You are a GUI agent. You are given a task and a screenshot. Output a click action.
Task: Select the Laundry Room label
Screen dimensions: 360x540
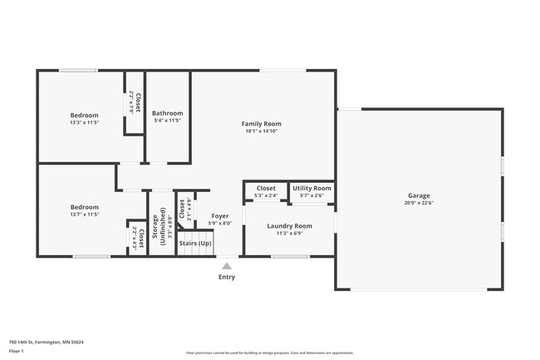pos(289,226)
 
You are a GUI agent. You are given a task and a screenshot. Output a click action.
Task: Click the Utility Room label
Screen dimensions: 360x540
pos(312,189)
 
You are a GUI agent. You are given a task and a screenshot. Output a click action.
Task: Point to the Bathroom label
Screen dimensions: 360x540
pos(168,113)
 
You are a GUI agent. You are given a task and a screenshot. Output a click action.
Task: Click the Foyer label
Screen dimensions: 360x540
pos(220,216)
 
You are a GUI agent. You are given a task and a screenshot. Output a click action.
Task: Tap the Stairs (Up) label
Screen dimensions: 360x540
pos(194,244)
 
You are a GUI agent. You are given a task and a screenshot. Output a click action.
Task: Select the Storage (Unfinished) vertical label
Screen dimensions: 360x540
pos(158,219)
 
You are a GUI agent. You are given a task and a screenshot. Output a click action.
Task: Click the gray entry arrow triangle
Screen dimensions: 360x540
pos(226,266)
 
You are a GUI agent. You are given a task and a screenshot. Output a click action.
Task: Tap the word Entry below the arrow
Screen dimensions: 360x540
pos(226,277)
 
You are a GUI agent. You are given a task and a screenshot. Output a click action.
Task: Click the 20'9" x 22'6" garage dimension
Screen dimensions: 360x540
pos(418,203)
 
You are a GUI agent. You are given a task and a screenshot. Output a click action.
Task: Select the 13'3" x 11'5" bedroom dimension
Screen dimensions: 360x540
pos(84,122)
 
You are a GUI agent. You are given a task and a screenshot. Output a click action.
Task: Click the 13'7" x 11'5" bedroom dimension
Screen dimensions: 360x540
pos(84,215)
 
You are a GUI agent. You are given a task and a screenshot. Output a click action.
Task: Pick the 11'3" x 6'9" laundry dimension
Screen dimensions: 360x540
pos(289,234)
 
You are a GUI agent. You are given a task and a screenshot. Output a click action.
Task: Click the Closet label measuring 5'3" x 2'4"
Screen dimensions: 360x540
pos(266,189)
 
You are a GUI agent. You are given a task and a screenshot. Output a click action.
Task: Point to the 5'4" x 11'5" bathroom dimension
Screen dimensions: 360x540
pos(168,121)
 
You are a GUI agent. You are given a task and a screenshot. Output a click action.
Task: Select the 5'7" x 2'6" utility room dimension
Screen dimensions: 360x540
pos(312,196)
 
